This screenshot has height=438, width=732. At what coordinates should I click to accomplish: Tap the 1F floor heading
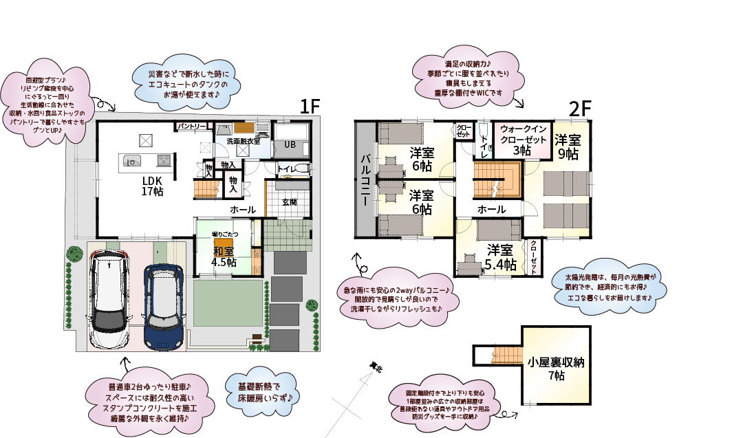point(310,107)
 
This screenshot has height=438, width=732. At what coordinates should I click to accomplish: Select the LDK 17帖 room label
point(153,186)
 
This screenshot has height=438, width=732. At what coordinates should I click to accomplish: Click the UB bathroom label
point(291,144)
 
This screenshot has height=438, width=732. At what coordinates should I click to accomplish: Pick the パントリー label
point(193,127)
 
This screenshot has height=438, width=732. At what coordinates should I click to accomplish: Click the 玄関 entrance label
point(290,201)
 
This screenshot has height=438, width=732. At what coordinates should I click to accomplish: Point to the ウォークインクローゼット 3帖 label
point(523,140)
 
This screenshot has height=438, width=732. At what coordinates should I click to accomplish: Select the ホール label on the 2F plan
point(492,209)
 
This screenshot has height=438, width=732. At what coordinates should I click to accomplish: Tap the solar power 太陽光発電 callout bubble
point(610,287)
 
